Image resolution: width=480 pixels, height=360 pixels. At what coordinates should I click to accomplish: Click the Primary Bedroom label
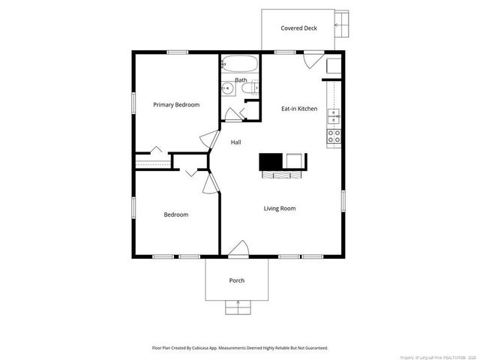176,105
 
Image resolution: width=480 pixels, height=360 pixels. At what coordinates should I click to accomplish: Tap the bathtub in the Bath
240,64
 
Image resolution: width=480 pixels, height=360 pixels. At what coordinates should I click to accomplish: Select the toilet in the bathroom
247,89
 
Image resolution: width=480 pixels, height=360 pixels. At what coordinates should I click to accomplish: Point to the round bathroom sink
226,88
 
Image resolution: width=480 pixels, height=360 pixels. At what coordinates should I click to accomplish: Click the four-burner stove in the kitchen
334,136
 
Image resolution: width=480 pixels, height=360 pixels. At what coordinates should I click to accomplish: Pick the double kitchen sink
334,115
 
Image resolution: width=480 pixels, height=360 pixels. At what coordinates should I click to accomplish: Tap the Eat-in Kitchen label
299,109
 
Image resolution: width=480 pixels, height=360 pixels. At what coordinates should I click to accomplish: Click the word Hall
235,142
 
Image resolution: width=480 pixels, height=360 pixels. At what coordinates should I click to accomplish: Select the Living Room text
279,208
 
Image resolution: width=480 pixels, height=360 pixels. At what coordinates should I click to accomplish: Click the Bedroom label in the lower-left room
176,214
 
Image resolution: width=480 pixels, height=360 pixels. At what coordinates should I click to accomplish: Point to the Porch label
237,280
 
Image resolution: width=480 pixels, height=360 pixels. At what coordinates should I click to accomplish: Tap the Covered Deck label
299,28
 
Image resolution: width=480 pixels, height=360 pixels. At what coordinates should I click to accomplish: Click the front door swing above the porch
238,249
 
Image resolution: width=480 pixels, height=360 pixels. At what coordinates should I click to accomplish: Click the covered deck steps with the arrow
342,25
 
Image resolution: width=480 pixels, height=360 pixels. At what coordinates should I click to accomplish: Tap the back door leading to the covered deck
313,60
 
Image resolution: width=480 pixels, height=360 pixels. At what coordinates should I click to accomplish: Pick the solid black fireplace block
270,161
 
